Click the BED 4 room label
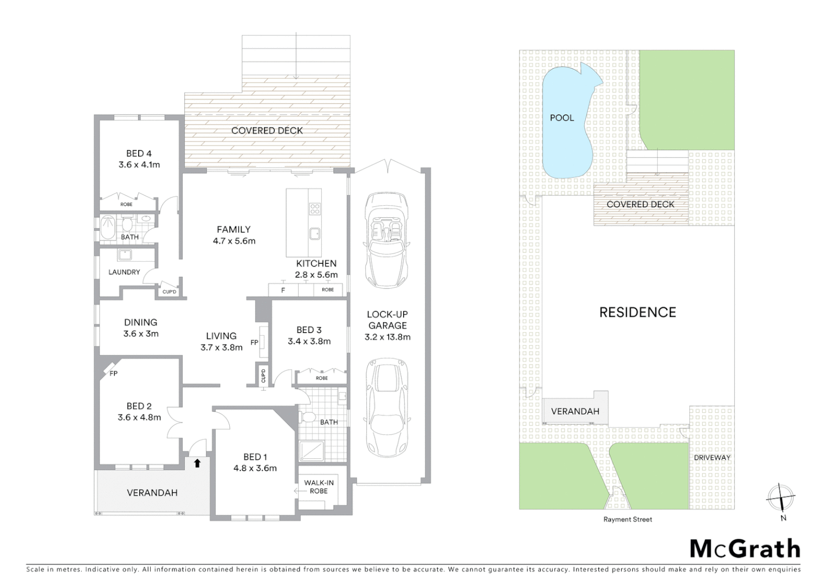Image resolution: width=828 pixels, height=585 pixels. pos(139,153)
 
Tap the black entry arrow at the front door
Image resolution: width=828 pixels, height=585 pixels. pos(197,463)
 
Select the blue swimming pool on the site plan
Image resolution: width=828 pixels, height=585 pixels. pos(567,125)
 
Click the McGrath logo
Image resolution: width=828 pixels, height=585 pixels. pos(745,549)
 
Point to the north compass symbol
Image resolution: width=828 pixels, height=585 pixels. pos(781,497)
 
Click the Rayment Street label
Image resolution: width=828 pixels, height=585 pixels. pos(628,519)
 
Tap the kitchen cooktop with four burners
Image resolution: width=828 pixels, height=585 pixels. pos(315,208)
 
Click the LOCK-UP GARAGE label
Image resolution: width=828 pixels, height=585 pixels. pos(387,320)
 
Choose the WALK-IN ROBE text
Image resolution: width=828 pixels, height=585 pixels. pos(319,486)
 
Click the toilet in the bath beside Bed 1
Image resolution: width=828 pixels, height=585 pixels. pos(309,417)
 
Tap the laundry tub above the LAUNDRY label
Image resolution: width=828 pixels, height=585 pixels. pos(126,255)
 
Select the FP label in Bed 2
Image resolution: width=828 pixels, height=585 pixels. pos(113,374)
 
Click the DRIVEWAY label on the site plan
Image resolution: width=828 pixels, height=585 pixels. pos(712,457)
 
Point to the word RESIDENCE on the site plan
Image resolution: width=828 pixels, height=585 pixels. pos(637,312)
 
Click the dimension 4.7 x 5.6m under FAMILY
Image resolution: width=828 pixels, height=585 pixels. pos(234,241)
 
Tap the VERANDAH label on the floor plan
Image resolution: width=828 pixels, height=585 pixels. pos(152,492)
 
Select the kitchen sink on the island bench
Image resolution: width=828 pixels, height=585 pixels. pos(315,233)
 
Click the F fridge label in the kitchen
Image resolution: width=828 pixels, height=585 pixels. pos(283,290)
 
